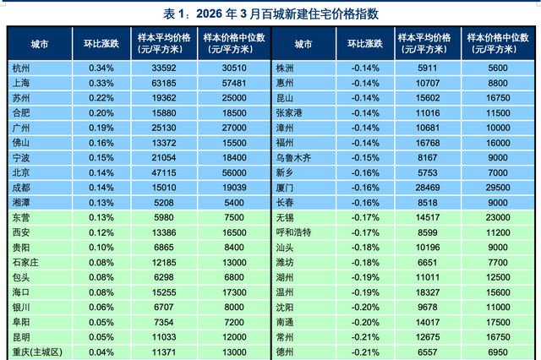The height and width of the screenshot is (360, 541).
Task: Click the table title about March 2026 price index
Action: [270, 14]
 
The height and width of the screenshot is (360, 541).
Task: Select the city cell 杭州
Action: [23, 67]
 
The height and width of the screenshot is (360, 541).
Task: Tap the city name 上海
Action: [23, 82]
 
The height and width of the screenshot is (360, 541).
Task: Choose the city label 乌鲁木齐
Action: [295, 156]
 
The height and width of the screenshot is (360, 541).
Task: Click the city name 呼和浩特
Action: [295, 231]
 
